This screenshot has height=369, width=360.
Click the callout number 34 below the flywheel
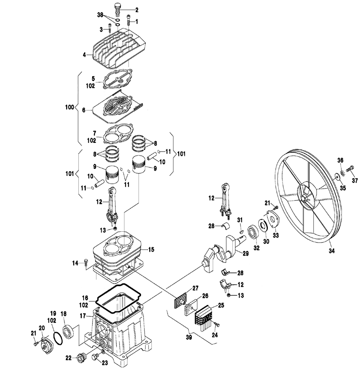pyautogui.click(x=332, y=251)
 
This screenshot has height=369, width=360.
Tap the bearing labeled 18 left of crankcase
pyautogui.click(x=69, y=332)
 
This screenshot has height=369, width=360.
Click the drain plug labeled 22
pyautogui.click(x=80, y=357)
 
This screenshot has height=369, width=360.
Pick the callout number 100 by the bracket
pyautogui.click(x=69, y=107)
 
